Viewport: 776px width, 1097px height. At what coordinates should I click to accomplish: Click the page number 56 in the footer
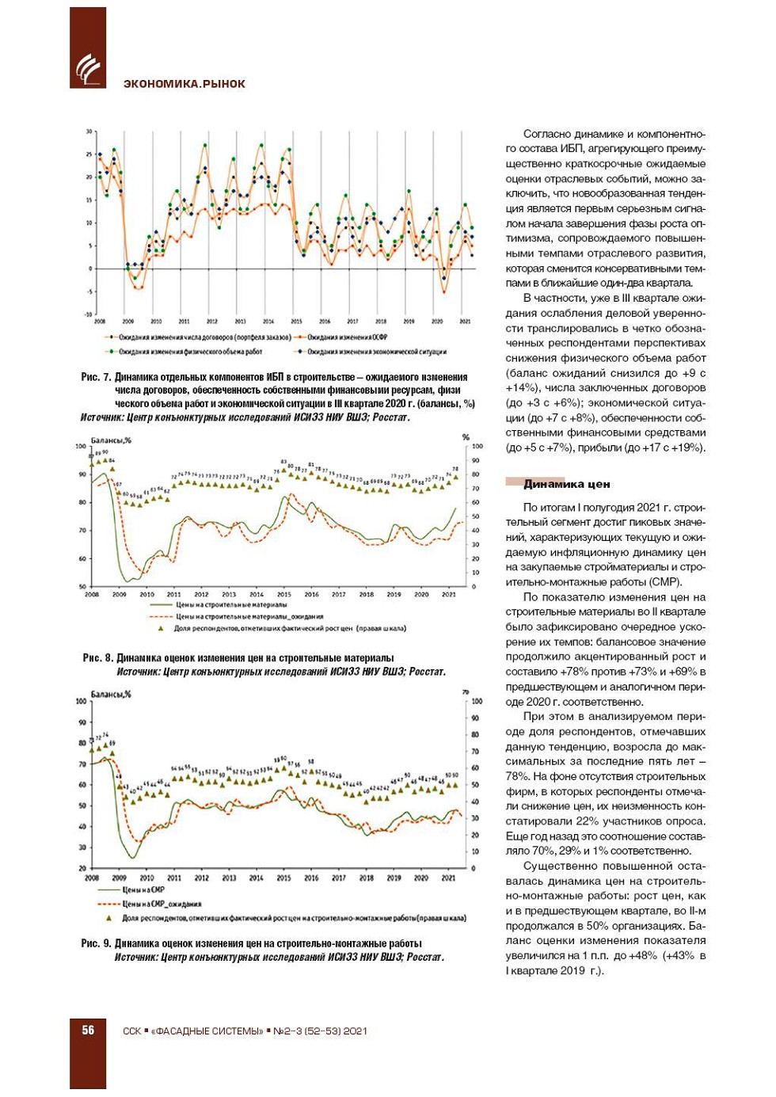click(x=88, y=1030)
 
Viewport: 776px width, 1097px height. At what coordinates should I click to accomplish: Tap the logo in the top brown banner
click(x=87, y=69)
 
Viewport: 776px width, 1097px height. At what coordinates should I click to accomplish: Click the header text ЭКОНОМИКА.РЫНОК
click(x=184, y=84)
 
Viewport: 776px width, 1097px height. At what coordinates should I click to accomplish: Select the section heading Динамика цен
click(x=566, y=483)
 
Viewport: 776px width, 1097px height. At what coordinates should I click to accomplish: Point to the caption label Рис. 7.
click(x=96, y=377)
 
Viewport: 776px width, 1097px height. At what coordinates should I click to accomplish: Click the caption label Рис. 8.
click(x=97, y=657)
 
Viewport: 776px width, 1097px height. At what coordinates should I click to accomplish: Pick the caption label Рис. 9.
click(x=96, y=943)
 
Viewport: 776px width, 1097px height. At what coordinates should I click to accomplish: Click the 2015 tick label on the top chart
click(x=296, y=322)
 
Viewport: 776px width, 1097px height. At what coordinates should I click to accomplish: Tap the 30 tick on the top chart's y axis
click(x=89, y=131)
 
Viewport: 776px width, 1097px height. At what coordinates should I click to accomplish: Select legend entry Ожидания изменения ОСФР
click(x=346, y=337)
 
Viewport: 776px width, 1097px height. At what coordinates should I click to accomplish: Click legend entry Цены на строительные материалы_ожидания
click(x=249, y=616)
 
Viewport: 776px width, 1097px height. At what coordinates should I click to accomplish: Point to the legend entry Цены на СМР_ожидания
click(x=162, y=904)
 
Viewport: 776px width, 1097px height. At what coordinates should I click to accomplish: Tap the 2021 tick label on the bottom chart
click(x=448, y=878)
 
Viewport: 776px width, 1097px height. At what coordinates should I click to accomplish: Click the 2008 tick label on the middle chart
click(x=92, y=594)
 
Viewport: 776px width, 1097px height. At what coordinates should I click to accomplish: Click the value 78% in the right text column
click(x=518, y=776)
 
